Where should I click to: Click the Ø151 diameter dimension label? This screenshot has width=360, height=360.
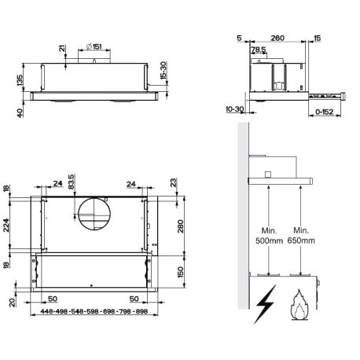pos(94,46)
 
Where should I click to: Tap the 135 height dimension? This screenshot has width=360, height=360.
pos(20,80)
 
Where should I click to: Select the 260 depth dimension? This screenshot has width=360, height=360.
pos(277,39)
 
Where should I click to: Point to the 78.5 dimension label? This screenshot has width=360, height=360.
pos(259,50)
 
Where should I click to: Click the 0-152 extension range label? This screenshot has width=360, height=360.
pos(325,112)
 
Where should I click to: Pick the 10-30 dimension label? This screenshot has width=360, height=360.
pos(235,109)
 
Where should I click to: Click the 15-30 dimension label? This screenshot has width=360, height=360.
pos(163,70)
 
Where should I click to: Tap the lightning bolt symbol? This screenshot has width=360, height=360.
pos(266,304)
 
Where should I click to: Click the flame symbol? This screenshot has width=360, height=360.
pos(299,305)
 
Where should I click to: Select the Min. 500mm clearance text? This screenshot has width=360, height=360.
pos(269,236)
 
